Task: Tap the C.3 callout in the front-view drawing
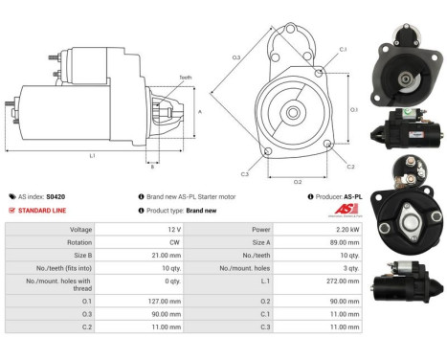[244, 173]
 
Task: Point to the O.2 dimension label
[297, 180]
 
